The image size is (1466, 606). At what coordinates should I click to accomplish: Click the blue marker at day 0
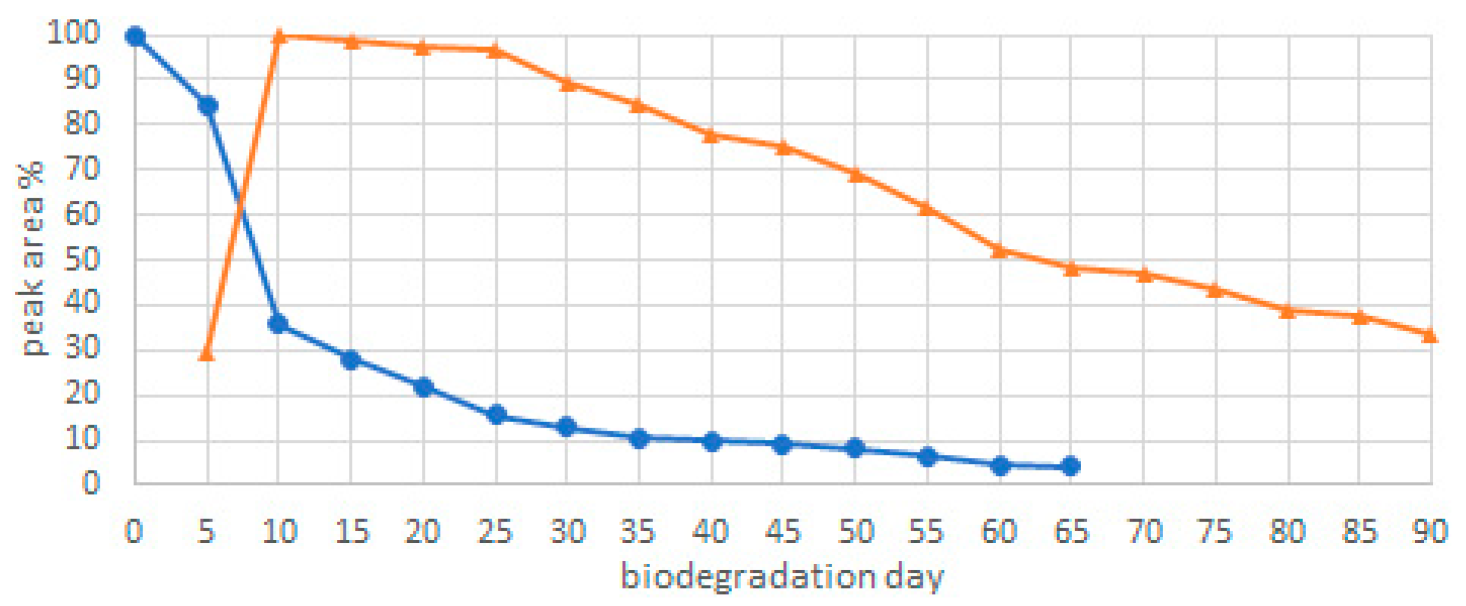135,37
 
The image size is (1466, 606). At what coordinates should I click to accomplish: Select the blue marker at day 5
208,106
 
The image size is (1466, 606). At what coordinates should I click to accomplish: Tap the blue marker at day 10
278,324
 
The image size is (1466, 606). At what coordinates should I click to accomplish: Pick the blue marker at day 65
1071,466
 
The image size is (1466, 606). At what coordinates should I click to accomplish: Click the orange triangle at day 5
207,354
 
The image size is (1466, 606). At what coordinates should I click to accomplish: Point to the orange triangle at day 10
279,36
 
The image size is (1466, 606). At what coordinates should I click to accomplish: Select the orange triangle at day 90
1430,335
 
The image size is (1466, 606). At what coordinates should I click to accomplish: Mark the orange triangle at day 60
999,251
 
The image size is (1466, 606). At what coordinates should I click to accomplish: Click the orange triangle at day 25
496,50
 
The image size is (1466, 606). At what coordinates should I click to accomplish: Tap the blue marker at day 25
497,415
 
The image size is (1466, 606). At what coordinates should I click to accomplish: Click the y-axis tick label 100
73,32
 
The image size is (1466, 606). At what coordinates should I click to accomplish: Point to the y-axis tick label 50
81,260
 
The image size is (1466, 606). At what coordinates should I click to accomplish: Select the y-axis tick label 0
90,483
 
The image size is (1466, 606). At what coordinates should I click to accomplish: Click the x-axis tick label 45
782,531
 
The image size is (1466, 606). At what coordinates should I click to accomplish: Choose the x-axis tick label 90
1430,531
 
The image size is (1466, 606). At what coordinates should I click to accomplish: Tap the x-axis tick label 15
351,531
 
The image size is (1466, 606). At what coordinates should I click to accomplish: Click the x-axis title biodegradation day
782,576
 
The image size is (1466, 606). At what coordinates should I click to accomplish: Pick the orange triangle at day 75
1215,290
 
